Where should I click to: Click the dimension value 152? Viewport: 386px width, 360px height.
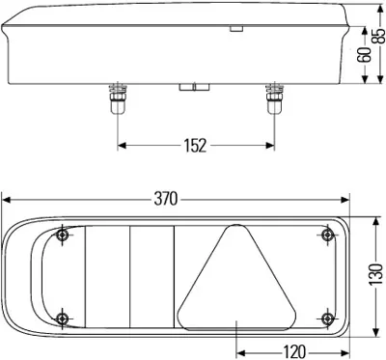(193, 146)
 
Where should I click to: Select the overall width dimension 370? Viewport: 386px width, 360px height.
(166, 199)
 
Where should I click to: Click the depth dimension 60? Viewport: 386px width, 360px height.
(364, 55)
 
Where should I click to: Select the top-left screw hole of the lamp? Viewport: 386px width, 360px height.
(63, 235)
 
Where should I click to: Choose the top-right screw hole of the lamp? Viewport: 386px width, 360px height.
(328, 235)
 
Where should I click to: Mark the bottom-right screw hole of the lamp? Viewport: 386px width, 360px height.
(328, 319)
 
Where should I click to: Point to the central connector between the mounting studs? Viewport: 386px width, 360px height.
(193, 90)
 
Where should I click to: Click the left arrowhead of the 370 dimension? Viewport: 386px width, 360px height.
(8, 200)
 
